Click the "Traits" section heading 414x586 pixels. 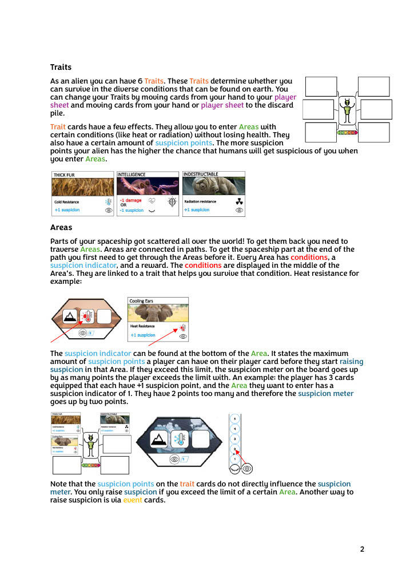pos(61,68)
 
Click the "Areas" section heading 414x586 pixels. pos(61,227)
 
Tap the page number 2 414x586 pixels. pos(362,549)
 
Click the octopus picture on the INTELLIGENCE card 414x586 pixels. pos(148,186)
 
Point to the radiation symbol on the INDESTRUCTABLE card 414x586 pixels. pos(239,201)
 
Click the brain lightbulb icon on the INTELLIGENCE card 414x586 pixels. pos(172,201)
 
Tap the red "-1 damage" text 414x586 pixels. pos(130,200)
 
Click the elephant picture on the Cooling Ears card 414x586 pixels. pos(158,312)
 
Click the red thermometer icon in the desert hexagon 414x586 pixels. pos(87,316)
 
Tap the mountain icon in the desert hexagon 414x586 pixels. pos(71,316)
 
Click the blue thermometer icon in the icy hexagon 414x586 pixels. pos(180,439)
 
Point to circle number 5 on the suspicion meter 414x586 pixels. pos(234,419)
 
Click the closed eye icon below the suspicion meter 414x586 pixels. pos(234,468)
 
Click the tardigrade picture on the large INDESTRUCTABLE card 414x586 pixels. pos(213,186)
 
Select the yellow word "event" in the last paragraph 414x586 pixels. pos(133,500)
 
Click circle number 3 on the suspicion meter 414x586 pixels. pos(234,439)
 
